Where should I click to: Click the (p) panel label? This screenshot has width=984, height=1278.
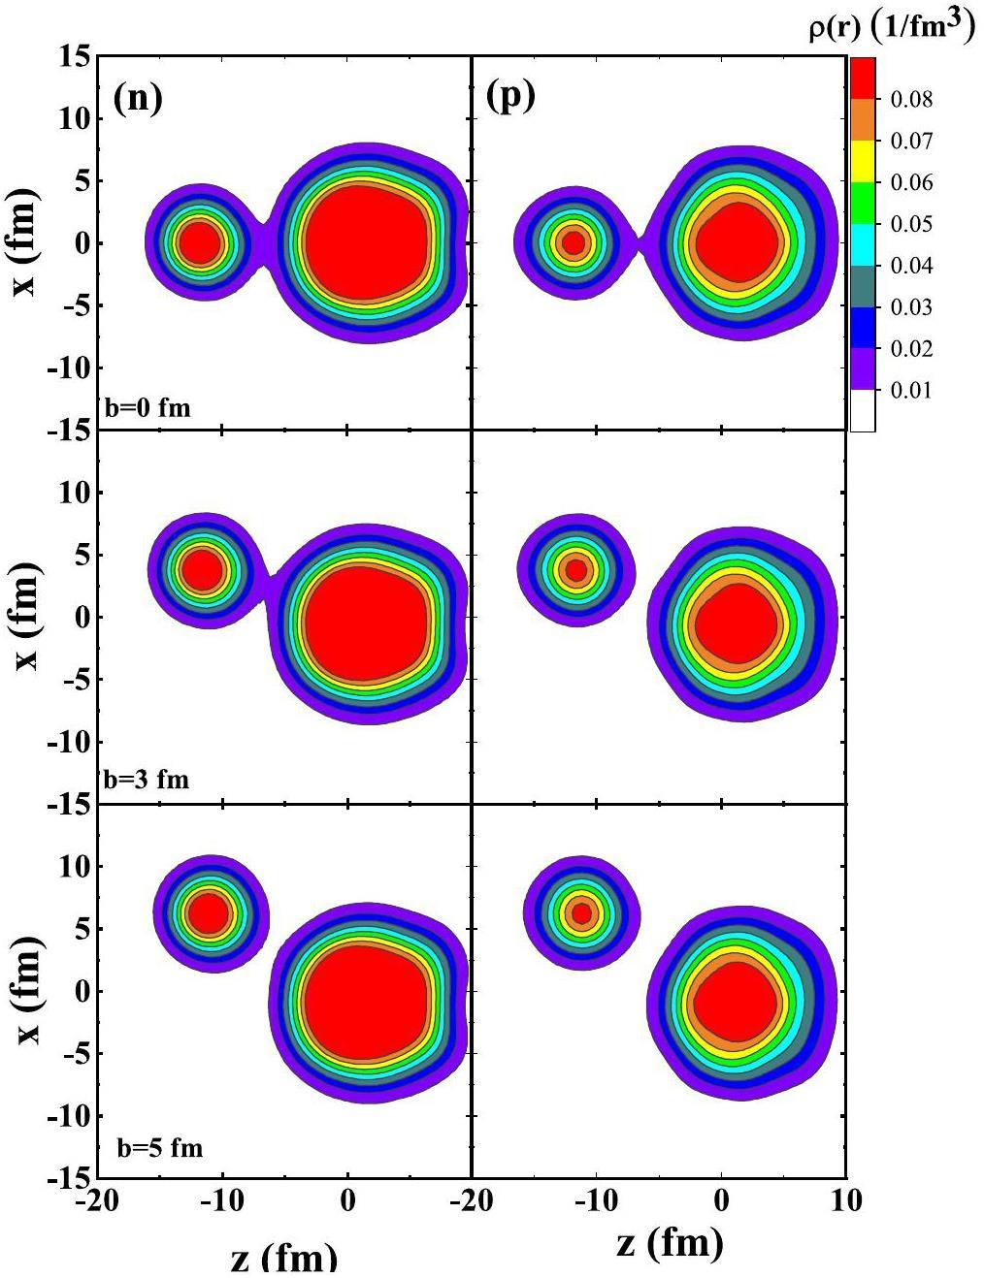[510, 97]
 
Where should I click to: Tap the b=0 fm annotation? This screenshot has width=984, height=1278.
[148, 408]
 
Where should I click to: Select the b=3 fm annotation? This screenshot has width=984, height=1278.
[147, 779]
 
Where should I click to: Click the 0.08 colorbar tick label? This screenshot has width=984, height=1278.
[911, 99]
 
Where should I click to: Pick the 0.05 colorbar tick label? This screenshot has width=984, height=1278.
[911, 224]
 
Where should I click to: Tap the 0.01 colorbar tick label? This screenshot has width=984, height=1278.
[911, 391]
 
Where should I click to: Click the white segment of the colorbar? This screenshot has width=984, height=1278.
[863, 411]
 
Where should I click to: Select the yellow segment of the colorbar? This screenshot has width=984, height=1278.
[863, 162]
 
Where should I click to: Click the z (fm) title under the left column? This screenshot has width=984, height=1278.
[284, 1257]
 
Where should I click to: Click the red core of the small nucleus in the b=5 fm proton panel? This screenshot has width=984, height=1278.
[581, 912]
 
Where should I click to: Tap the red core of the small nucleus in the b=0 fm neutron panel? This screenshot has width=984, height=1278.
[200, 241]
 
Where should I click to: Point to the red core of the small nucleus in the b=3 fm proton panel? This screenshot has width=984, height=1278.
[576, 570]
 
